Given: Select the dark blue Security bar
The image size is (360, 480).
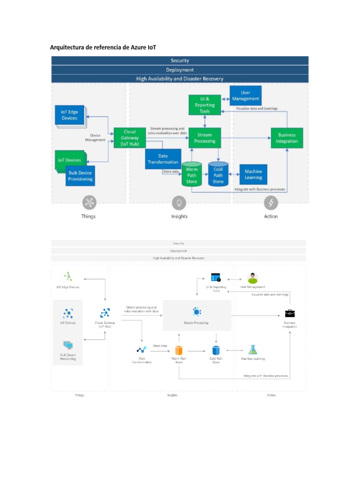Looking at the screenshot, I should (180, 60).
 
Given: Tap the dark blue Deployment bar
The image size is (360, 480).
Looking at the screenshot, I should (180, 70).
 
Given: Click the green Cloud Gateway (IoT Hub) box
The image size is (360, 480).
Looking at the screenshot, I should (130, 138).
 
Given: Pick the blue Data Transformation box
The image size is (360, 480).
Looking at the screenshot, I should (163, 159).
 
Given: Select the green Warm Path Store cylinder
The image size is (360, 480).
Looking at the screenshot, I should (191, 174).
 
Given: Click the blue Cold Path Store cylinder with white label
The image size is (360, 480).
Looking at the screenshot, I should (218, 174).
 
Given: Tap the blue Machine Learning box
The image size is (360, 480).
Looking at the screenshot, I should (253, 174).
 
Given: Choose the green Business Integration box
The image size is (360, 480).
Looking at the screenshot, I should (287, 138).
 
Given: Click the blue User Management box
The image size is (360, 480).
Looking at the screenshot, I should (245, 96).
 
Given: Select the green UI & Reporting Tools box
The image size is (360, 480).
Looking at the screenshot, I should (204, 105).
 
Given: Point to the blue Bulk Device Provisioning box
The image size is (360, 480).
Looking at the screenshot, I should (80, 176).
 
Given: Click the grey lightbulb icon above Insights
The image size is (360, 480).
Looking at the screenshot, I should (179, 202).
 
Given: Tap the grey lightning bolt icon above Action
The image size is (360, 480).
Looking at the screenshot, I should (271, 202).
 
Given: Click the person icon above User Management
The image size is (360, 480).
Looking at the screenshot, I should (253, 278).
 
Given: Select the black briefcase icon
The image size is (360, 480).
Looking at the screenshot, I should (290, 313).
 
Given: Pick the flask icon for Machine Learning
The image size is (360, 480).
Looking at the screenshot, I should (253, 350).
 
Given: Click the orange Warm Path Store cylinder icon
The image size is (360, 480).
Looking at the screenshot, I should (179, 350).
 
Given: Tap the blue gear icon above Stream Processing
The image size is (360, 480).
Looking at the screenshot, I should (196, 312).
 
